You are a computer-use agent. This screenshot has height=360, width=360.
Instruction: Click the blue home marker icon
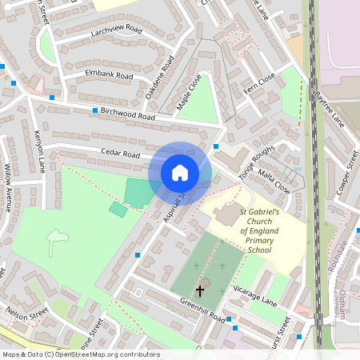pos(180,173)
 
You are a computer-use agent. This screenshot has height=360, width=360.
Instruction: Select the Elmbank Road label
pos(109,74)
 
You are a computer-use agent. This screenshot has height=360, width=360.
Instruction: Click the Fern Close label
pos(259,82)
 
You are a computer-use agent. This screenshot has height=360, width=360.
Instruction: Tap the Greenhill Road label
pos(200,310)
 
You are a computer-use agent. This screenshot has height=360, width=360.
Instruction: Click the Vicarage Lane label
pos(254,294)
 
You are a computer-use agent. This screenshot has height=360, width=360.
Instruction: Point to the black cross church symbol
pos(199,291)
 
